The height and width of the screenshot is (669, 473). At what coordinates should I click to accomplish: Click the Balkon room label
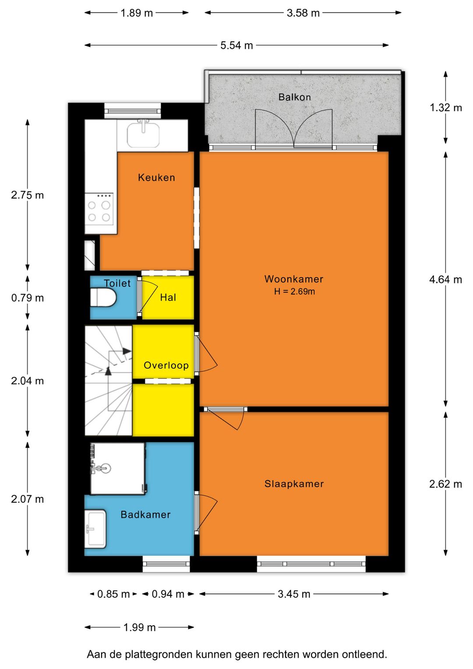[294, 97]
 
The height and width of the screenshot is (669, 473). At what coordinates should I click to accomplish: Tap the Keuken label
[156, 178]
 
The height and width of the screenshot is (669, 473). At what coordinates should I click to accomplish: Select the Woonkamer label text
[293, 279]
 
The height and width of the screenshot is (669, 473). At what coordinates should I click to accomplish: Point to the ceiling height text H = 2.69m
[294, 292]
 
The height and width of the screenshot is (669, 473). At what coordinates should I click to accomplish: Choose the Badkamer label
[145, 514]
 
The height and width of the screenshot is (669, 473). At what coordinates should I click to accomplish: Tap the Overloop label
[166, 365]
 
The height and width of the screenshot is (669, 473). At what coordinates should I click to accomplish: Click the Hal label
[168, 297]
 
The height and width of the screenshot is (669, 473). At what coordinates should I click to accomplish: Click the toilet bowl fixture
[103, 298]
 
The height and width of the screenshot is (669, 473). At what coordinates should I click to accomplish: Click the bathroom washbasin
[95, 529]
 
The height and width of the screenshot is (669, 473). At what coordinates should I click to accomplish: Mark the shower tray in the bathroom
[117, 468]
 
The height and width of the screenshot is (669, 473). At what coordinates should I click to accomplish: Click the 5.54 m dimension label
[236, 46]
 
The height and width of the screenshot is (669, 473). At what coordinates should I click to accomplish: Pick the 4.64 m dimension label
[445, 280]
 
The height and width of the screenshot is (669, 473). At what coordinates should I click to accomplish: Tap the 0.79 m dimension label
[28, 298]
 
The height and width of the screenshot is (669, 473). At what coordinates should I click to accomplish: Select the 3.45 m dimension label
[294, 594]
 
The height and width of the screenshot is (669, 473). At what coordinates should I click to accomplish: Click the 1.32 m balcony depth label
[445, 107]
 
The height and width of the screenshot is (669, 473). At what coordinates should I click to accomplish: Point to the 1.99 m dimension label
[139, 627]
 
